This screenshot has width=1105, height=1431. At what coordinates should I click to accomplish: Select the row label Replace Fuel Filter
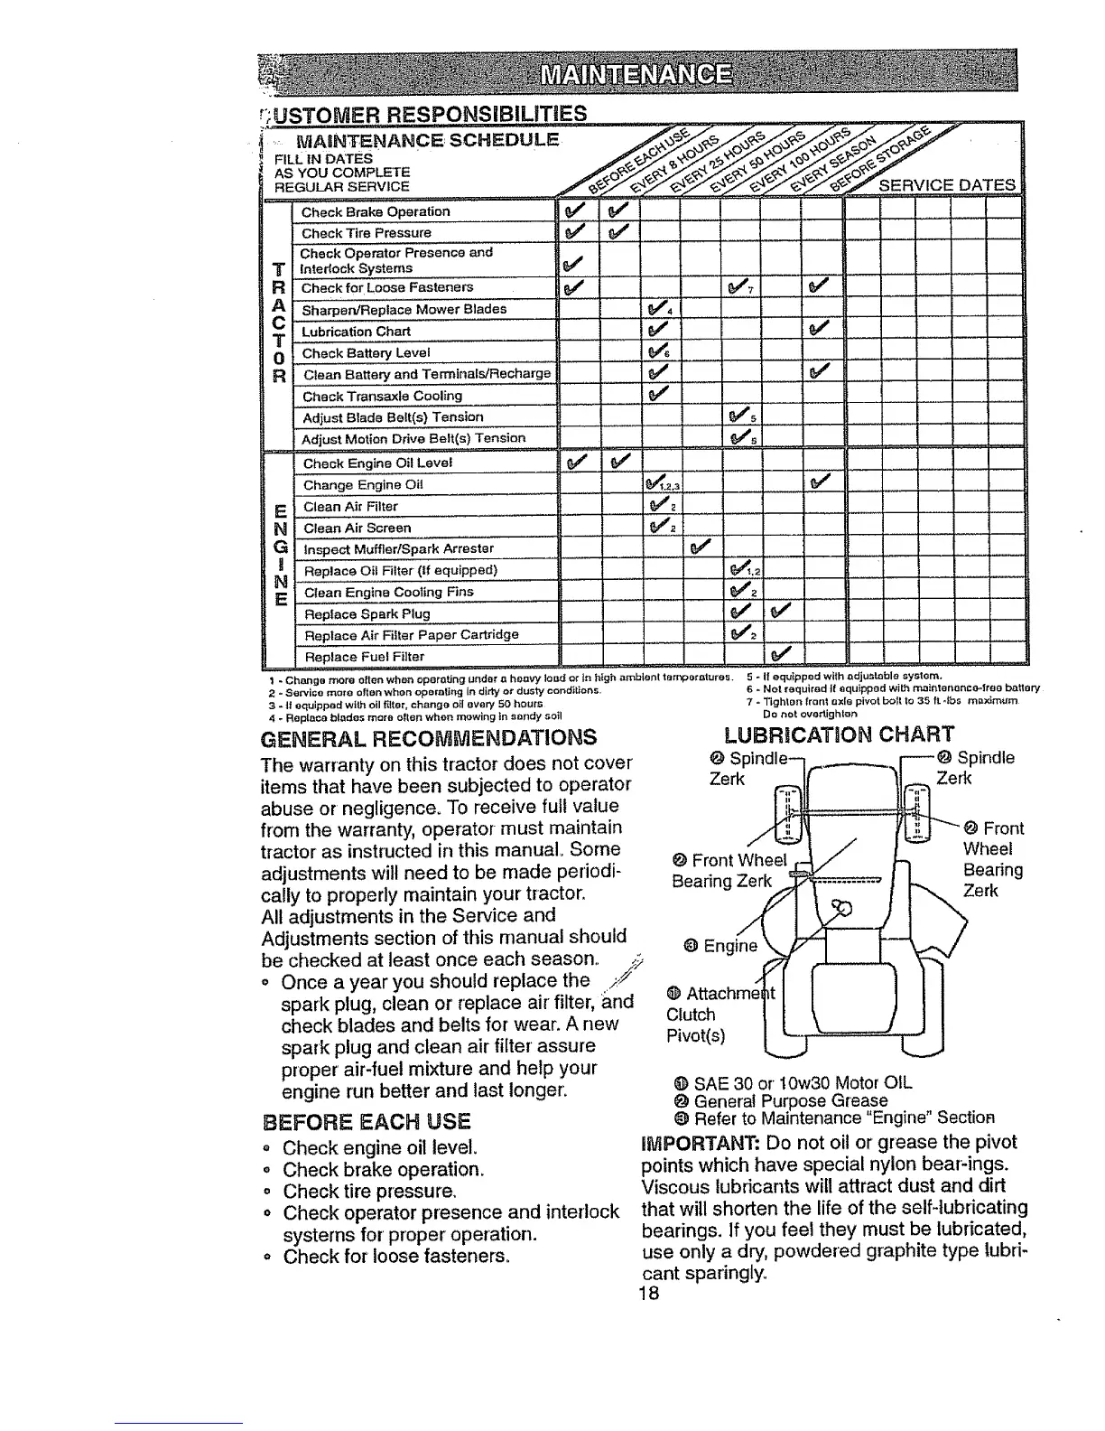coord(364,656)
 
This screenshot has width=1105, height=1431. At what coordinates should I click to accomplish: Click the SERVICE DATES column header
coord(947,185)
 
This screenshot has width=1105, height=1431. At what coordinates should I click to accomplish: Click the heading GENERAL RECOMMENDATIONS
coord(428,737)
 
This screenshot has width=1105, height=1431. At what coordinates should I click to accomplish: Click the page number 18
coord(649,1293)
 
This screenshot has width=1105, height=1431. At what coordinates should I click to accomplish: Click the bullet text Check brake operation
coord(384,1170)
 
